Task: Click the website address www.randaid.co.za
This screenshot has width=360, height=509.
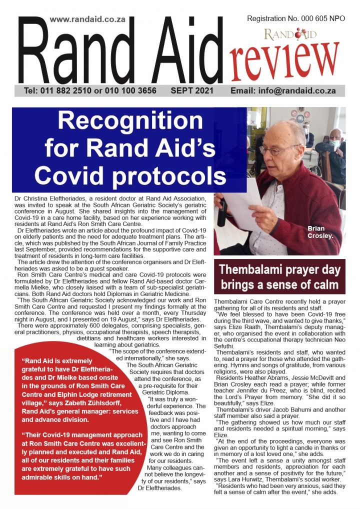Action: [88, 19]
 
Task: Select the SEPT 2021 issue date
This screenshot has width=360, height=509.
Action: [192, 91]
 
